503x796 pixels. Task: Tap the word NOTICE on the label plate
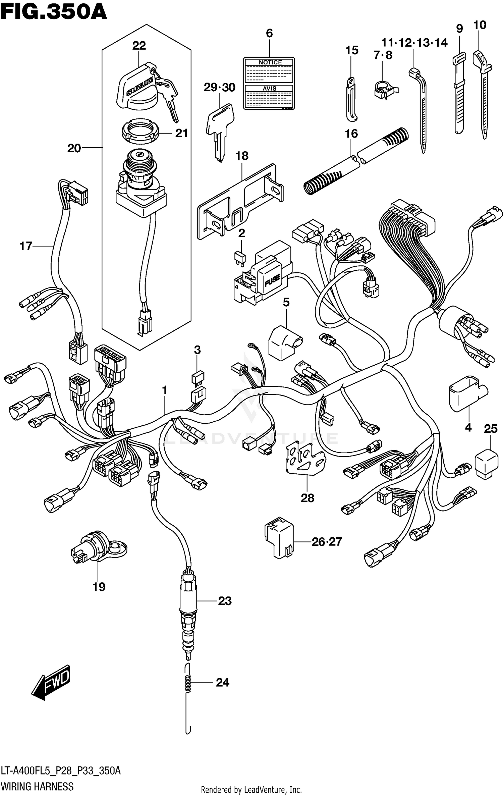pyautogui.click(x=270, y=62)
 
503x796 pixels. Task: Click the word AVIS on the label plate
pyautogui.click(x=269, y=88)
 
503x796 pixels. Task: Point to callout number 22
pyautogui.click(x=139, y=45)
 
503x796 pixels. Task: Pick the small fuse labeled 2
pyautogui.click(x=240, y=257)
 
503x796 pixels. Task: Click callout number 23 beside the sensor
pyautogui.click(x=225, y=601)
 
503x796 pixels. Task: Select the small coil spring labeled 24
pyautogui.click(x=188, y=683)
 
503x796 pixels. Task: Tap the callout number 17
pyautogui.click(x=25, y=246)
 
